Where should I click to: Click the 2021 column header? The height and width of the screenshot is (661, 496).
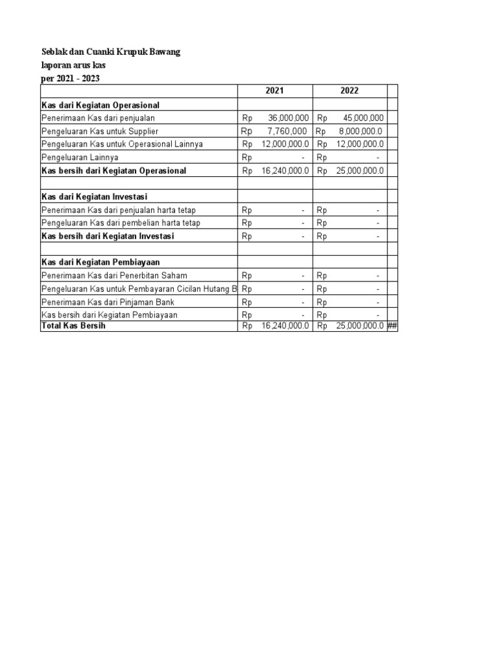click(274, 91)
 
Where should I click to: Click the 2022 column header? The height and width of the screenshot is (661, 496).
click(349, 91)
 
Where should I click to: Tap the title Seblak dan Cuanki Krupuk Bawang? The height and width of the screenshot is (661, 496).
click(111, 52)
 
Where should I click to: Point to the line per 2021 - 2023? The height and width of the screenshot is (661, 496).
click(70, 79)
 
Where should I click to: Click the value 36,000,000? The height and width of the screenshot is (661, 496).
click(289, 118)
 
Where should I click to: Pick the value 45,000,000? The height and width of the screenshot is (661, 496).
click(363, 118)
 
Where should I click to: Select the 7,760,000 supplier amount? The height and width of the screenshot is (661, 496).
click(287, 131)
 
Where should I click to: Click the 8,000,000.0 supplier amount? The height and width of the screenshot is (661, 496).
click(360, 131)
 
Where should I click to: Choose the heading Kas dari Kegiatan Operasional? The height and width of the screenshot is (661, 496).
click(100, 105)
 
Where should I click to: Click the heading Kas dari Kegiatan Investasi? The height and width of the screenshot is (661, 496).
click(95, 196)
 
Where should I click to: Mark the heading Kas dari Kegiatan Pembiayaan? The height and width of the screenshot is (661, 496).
click(100, 262)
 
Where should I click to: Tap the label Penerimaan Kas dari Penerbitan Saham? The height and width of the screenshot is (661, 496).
click(114, 276)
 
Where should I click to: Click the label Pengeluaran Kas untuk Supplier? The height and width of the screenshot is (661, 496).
click(99, 131)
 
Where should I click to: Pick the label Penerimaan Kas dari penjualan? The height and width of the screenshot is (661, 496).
click(98, 118)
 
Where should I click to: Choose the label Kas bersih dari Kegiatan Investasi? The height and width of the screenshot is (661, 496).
click(107, 236)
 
